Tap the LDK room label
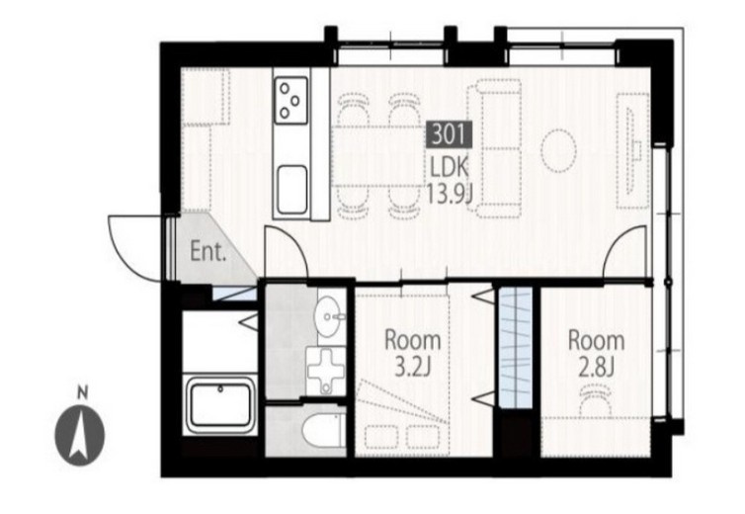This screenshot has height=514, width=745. click(449, 167)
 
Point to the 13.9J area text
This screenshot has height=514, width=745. click(449, 193)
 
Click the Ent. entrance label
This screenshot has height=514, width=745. click(207, 251)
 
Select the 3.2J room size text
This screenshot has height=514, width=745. click(413, 367)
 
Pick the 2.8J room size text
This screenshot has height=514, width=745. click(596, 367)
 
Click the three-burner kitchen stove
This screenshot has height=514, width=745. click(290, 101)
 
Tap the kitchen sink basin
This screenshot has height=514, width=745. click(291, 189)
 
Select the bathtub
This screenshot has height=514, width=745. click(220, 405)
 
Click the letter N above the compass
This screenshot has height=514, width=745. click(83, 393)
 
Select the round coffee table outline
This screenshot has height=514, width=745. click(559, 150)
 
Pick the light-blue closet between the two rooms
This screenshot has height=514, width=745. click(516, 348)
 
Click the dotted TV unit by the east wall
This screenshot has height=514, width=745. click(633, 150)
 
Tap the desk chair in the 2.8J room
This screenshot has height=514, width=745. click(596, 400)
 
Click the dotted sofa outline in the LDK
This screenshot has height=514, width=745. click(495, 148)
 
